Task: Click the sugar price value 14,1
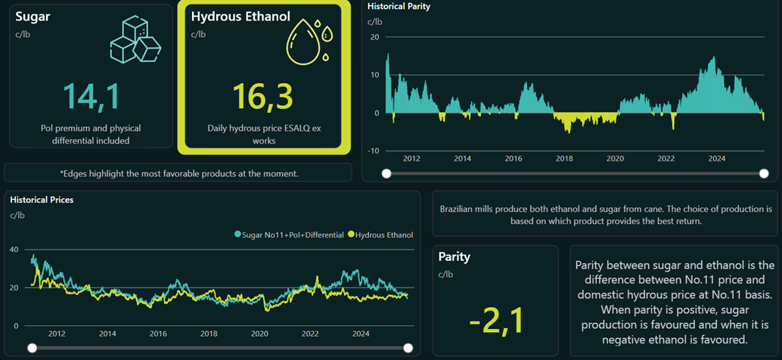pyautogui.click(x=91, y=95)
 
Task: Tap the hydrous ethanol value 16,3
pyautogui.click(x=262, y=95)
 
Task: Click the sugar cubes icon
pyautogui.click(x=135, y=40)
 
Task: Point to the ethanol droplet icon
pyautogui.click(x=309, y=42)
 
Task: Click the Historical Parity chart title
pyautogui.click(x=399, y=6)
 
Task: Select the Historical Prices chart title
pyautogui.click(x=42, y=200)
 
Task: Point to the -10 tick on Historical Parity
pyautogui.click(x=374, y=151)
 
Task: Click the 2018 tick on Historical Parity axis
pyautogui.click(x=563, y=160)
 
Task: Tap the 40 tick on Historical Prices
pyautogui.click(x=14, y=249)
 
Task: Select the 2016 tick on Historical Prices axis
pyautogui.click(x=158, y=334)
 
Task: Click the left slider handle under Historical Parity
pyautogui.click(x=386, y=174)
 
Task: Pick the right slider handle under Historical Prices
pyautogui.click(x=408, y=348)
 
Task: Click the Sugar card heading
pyautogui.click(x=33, y=16)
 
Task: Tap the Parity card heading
pyautogui.click(x=454, y=256)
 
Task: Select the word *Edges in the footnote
pyautogui.click(x=76, y=173)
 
